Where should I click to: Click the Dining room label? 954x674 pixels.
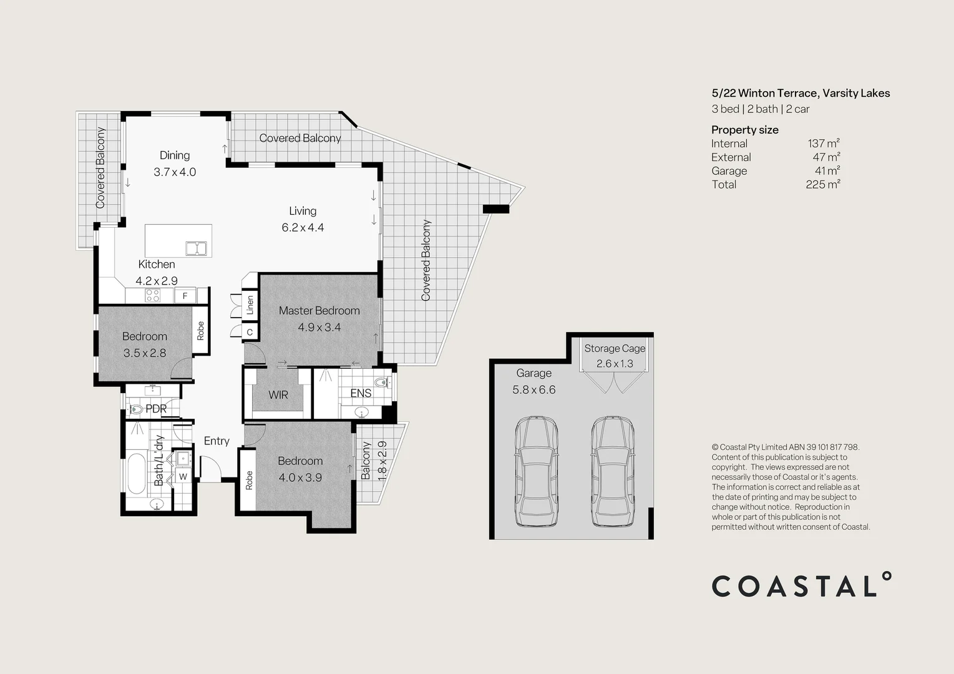point(175,155)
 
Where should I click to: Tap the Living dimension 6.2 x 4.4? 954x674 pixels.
point(303,228)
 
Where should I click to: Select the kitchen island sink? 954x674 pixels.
point(197,248)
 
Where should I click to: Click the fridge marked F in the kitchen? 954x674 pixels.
point(185,296)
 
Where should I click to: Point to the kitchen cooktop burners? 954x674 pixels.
point(152,295)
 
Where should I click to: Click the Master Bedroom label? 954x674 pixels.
point(319,311)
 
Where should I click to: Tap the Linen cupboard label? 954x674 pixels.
point(250,305)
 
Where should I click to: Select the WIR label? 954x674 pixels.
point(278,395)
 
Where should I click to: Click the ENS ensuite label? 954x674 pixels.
point(361,393)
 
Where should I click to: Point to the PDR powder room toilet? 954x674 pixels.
point(135,409)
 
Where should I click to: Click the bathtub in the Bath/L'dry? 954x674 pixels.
point(137,474)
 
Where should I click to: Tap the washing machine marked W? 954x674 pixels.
point(183,477)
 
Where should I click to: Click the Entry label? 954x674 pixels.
point(217,441)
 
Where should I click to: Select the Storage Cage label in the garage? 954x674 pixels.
point(615,348)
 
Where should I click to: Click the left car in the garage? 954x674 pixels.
point(536,471)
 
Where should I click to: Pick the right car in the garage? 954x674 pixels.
point(613,471)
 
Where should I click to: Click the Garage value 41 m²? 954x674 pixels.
point(827,170)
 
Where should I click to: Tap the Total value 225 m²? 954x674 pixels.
point(823,184)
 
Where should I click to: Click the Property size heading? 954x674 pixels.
point(745,130)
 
